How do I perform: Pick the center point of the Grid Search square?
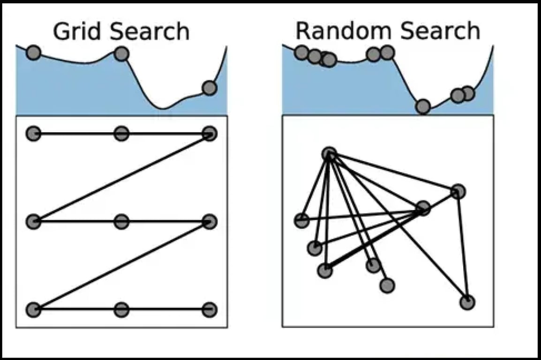coord(121,221)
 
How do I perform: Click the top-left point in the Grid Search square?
coord(33,134)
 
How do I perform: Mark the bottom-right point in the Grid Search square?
coord(210,309)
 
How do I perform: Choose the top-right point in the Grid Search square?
coord(210,134)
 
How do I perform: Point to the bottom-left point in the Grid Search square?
coord(33,309)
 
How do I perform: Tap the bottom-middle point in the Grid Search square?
coord(121,309)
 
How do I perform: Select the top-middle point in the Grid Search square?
coord(121,134)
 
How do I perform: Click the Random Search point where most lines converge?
coord(330,154)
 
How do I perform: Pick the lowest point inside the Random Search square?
coord(467,302)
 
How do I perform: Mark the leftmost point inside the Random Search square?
coord(302,220)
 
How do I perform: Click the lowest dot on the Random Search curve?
coord(423,107)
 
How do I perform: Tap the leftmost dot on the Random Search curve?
coord(302,53)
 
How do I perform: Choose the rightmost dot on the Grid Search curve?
coord(210,88)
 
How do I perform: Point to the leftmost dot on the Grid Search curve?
coord(33,52)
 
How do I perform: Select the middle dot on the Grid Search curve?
coord(121,54)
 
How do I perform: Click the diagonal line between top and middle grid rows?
coord(121,178)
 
